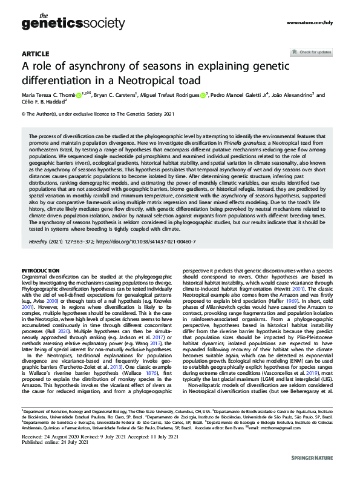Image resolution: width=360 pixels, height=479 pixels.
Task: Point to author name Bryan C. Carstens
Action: (x=114, y=95)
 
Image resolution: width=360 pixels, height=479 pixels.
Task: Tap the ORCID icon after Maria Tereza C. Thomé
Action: (x=79, y=95)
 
